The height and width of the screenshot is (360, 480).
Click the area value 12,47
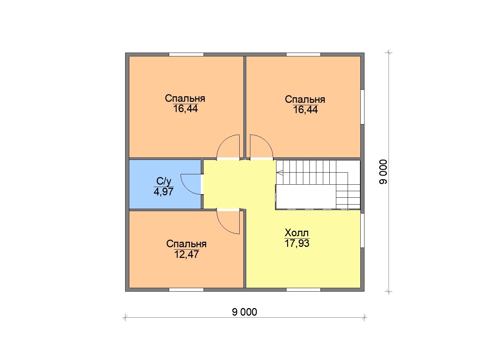coord(186,254)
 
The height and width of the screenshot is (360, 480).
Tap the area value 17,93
coord(297,243)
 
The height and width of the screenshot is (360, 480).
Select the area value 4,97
coord(163,192)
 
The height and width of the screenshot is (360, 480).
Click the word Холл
coord(296,233)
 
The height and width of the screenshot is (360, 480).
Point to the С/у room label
coord(164,182)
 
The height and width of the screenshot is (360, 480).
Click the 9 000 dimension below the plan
coord(244,312)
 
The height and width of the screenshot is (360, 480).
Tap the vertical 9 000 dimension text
coord(383,172)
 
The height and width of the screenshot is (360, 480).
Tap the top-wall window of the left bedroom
coord(186,54)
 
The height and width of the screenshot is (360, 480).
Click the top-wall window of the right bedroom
coord(303,54)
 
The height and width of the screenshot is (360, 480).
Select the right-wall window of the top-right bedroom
coord(362,107)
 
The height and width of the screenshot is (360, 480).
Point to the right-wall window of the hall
coord(362,230)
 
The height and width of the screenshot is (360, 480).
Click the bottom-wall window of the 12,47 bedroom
coord(186,290)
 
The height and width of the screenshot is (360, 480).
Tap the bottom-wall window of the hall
coord(303,290)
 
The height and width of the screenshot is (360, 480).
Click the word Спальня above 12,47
coord(186,244)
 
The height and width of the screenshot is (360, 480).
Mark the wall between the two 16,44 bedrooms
coord(245,107)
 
